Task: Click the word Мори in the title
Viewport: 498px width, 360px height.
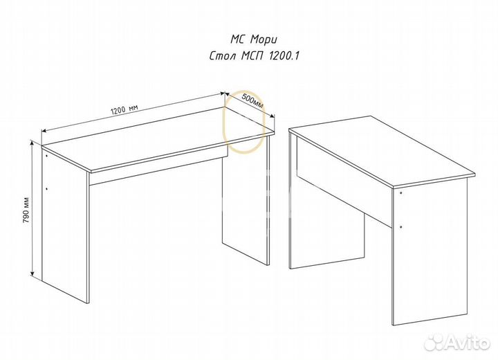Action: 264,39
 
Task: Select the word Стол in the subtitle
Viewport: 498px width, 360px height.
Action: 223,56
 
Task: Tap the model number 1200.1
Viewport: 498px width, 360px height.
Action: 284,56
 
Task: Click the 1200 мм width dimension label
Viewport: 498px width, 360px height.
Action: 124,109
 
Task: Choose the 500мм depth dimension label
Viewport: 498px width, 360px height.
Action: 253,100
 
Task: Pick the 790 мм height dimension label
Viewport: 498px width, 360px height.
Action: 26,210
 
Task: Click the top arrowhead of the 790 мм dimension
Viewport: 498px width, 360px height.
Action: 31,143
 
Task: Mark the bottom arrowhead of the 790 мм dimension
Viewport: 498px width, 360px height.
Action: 32,273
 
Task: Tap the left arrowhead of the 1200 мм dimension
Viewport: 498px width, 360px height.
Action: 44,130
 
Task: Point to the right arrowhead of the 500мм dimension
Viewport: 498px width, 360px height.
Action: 272,116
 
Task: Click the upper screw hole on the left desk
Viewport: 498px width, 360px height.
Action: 47,156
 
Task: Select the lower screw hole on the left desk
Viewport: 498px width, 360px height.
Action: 47,189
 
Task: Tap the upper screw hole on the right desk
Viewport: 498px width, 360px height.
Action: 400,193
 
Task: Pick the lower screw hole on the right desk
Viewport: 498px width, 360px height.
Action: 400,227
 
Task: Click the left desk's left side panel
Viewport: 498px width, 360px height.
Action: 65,226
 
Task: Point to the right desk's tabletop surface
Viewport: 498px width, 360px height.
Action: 382,150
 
